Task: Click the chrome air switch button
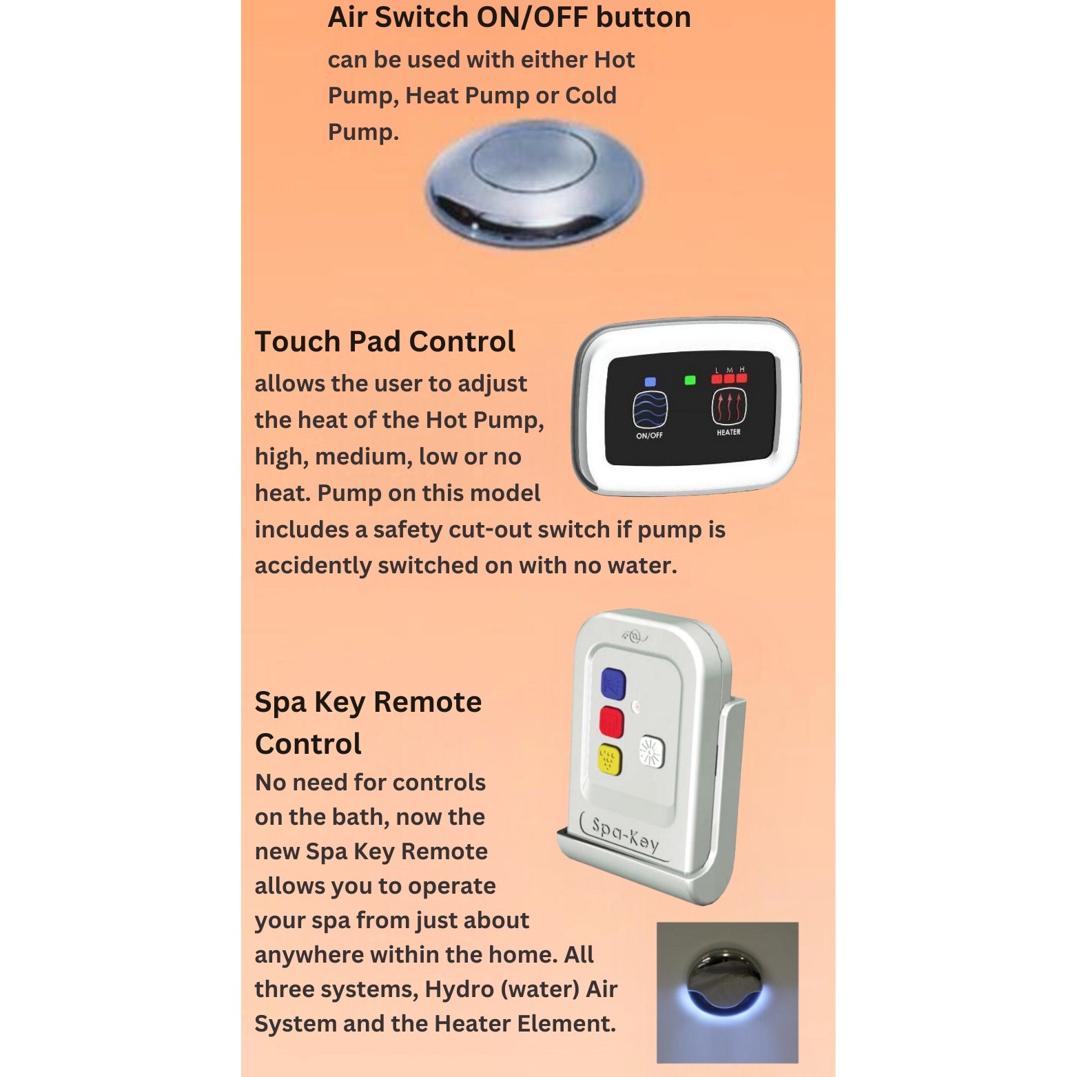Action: coord(534,184)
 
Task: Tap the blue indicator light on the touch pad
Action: coord(650,382)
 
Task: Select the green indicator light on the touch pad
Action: coord(690,380)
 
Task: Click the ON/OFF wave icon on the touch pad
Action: coord(650,409)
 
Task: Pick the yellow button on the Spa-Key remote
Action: coord(610,760)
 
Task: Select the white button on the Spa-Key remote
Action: coord(651,752)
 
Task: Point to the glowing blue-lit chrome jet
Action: coord(726,983)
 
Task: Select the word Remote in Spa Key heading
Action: coord(427,701)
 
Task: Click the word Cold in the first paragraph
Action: coord(591,95)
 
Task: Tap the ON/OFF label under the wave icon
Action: coord(649,435)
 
